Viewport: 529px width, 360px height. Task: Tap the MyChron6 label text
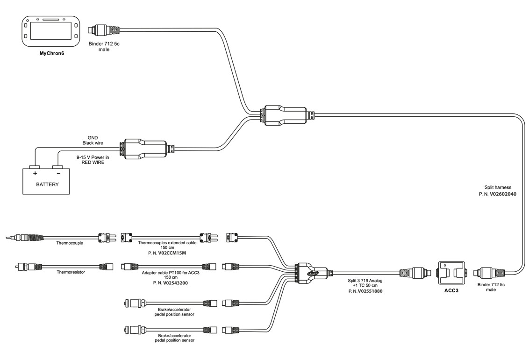(51, 53)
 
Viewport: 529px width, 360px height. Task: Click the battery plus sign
(35, 173)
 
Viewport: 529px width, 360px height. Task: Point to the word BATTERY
(47, 184)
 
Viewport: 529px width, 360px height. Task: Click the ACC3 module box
(451, 273)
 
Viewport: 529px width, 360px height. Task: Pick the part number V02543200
(170, 282)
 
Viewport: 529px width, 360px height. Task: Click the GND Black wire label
(92, 140)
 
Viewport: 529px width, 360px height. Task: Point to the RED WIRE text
(93, 163)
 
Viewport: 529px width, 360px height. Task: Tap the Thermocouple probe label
(70, 243)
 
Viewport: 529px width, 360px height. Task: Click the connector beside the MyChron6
(106, 31)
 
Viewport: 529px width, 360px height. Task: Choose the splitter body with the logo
(312, 272)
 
